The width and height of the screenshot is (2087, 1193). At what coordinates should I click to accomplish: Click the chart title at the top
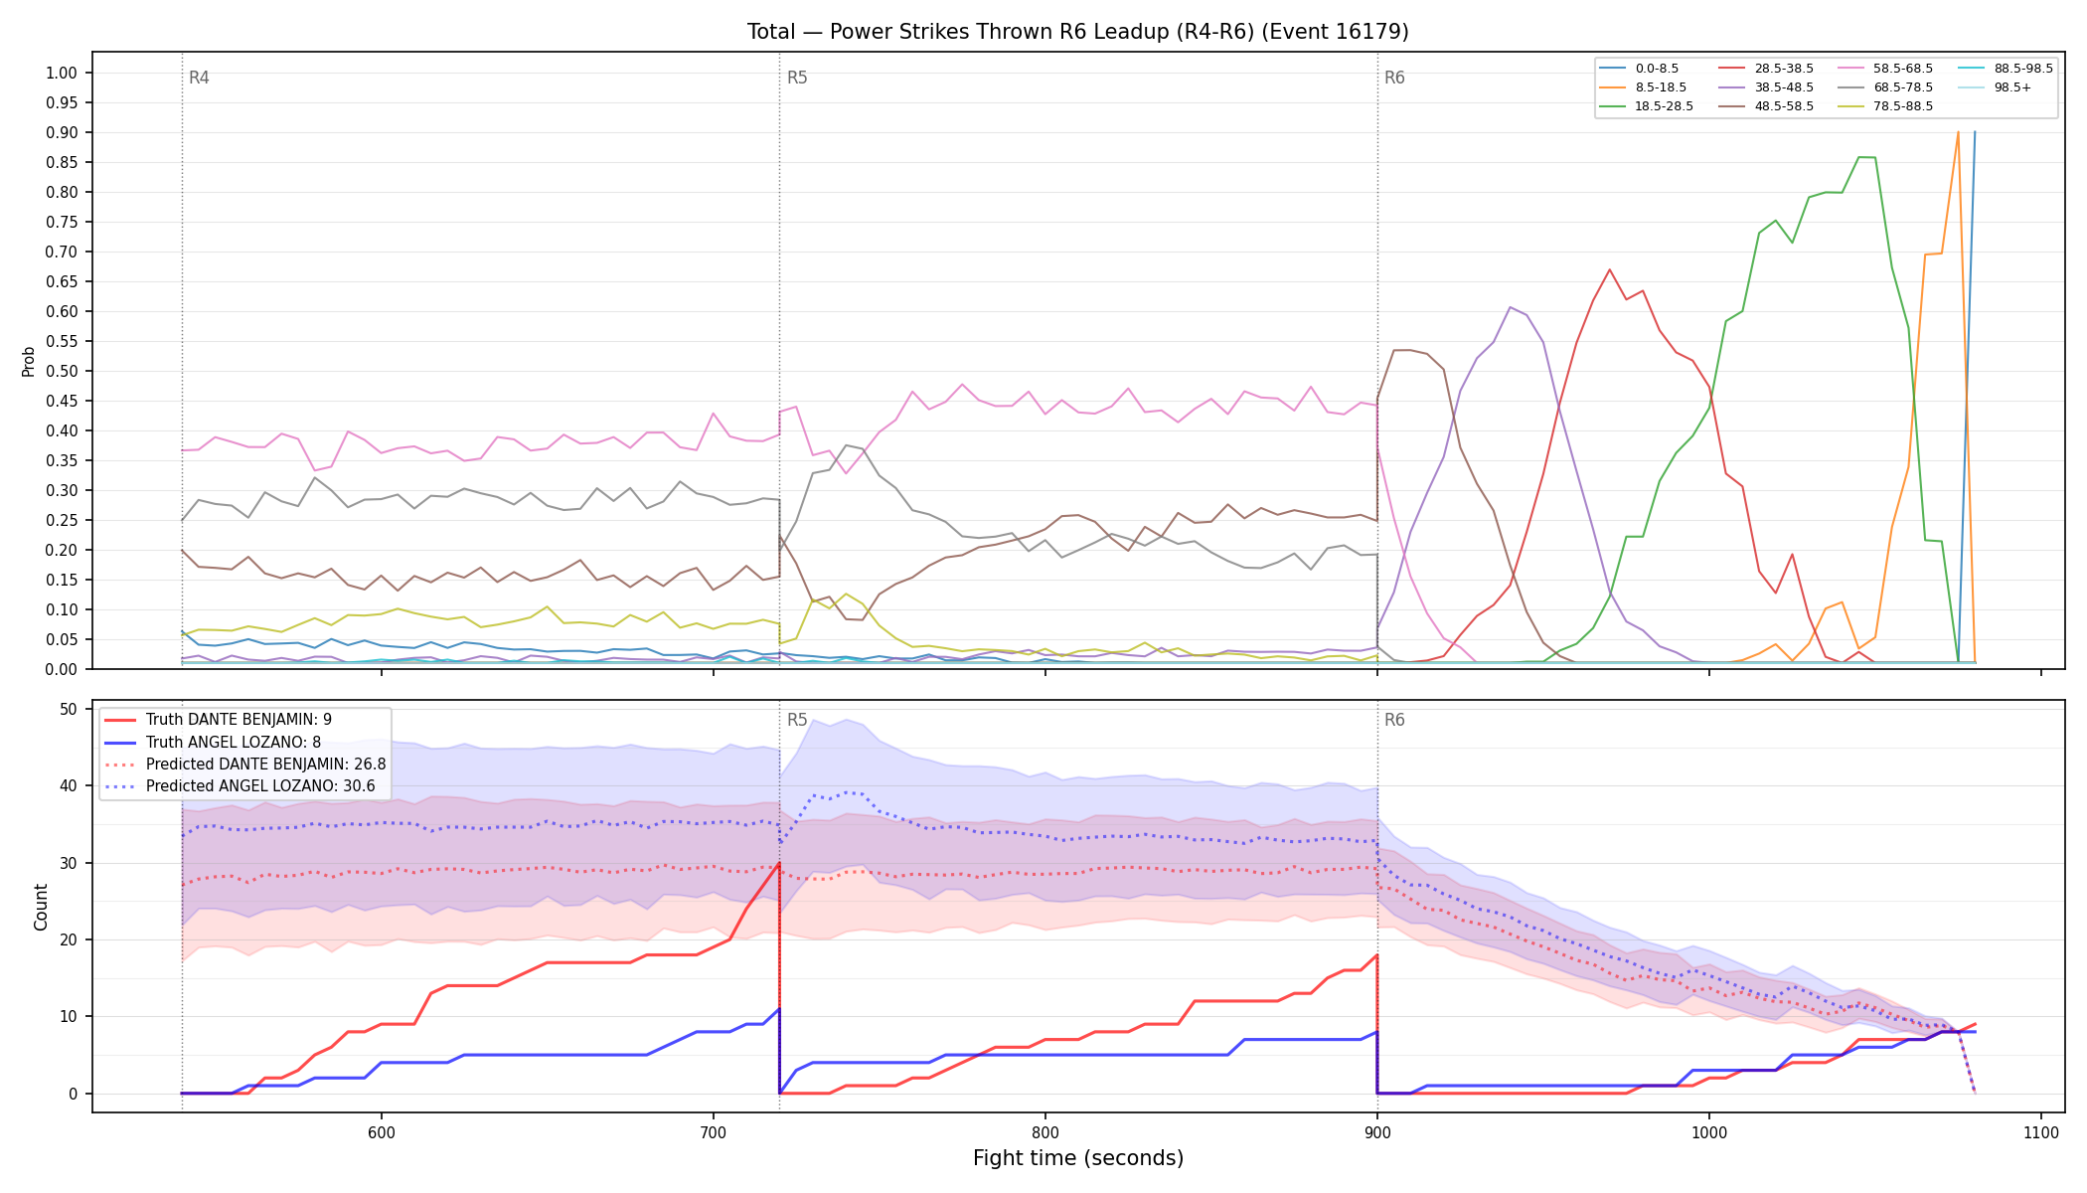pyautogui.click(x=1077, y=32)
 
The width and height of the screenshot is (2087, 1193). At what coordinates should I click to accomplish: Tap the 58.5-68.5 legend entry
pyautogui.click(x=1884, y=69)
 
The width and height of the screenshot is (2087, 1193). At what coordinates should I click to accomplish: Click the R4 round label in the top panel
pyautogui.click(x=199, y=78)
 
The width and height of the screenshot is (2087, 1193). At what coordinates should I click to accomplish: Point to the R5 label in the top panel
pyautogui.click(x=797, y=78)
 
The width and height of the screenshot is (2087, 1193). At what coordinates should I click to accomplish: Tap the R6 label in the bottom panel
pyautogui.click(x=1394, y=720)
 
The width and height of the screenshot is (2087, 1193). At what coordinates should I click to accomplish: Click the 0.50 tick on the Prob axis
pyautogui.click(x=62, y=371)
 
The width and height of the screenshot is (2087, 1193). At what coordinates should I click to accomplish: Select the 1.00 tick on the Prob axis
pyautogui.click(x=62, y=73)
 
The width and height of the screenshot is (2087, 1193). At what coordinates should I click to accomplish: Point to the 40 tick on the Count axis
pyautogui.click(x=69, y=785)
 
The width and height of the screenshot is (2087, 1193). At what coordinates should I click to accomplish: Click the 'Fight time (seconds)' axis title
pyautogui.click(x=1078, y=1158)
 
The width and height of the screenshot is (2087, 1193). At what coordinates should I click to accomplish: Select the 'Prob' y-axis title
pyautogui.click(x=29, y=361)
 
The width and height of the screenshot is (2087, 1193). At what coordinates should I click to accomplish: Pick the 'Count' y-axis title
pyautogui.click(x=41, y=907)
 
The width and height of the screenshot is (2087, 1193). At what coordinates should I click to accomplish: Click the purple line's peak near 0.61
pyautogui.click(x=1511, y=307)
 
